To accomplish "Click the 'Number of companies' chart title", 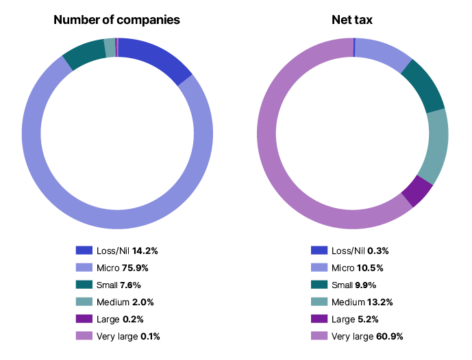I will coord(117,20).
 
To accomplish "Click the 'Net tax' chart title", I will coord(352,20).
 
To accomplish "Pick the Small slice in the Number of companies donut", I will coord(83,55).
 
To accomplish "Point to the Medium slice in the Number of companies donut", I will coord(110,47).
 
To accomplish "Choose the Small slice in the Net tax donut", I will coord(424,86).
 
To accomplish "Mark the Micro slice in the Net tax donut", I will coord(384,52).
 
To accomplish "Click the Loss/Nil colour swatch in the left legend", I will coord(84,250).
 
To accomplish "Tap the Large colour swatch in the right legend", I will coord(318,319).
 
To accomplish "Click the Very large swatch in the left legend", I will coord(84,336).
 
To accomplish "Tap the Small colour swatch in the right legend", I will coord(318,285).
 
